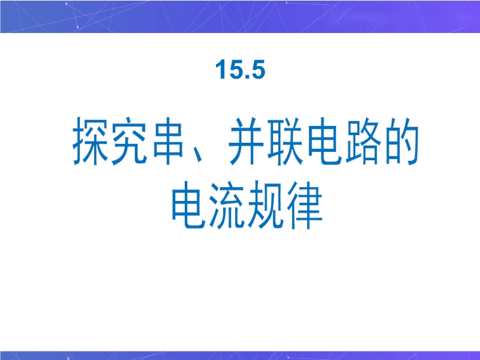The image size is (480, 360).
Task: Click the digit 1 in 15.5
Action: pyautogui.click(x=220, y=69)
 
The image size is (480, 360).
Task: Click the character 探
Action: pyautogui.click(x=90, y=141)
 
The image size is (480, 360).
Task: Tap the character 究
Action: pyautogui.click(x=129, y=141)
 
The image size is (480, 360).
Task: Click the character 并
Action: pyautogui.click(x=247, y=141)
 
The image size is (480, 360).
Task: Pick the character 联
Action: pyautogui.click(x=286, y=141)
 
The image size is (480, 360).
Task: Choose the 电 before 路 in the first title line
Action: pyautogui.click(x=325, y=141)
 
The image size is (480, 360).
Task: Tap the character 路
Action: pyautogui.click(x=364, y=141)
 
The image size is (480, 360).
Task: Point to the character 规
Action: pyautogui.click(x=266, y=205)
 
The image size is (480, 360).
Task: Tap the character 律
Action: pyautogui.click(x=305, y=205)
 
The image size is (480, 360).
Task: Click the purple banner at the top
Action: pyautogui.click(x=240, y=16)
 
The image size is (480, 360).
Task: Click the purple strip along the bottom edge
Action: pyautogui.click(x=240, y=355)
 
